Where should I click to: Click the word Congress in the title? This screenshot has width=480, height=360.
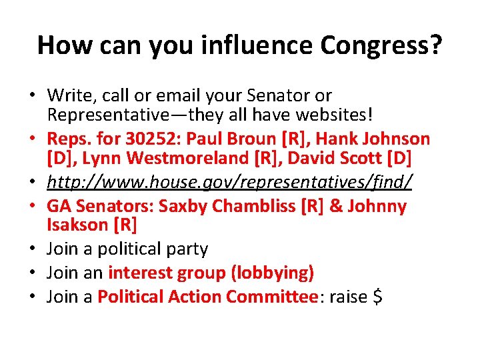tap(381, 45)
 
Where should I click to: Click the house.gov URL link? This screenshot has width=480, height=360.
tap(230, 181)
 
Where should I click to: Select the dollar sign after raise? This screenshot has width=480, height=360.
tap(377, 296)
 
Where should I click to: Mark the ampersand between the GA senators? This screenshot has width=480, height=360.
tap(337, 206)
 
